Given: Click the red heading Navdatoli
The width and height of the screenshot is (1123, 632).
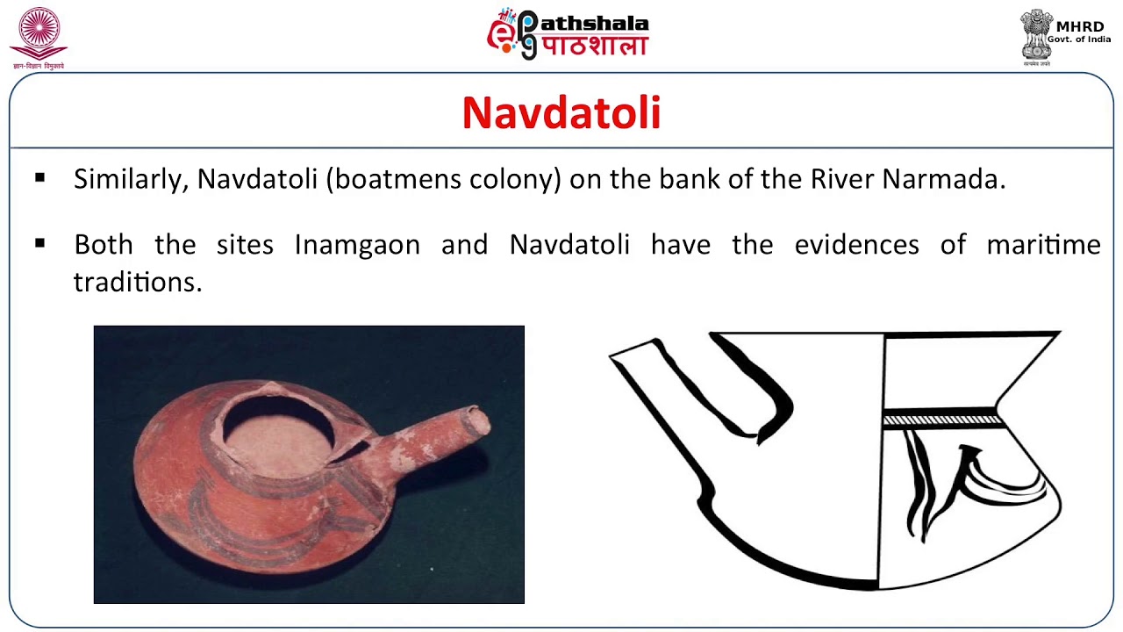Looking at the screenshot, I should click(x=561, y=113).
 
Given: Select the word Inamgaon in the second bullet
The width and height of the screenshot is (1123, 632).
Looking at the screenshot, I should click(x=357, y=245).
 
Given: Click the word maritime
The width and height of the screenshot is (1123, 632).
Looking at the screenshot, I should click(x=1043, y=245).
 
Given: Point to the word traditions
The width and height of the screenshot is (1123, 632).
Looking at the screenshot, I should click(x=137, y=282).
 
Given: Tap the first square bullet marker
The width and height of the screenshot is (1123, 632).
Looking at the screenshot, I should click(x=40, y=178).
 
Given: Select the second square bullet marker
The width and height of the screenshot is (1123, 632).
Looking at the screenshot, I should click(x=40, y=243).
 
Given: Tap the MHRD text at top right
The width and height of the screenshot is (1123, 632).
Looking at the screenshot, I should click(x=1079, y=27).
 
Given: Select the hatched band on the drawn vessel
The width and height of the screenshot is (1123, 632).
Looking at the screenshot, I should click(x=943, y=420).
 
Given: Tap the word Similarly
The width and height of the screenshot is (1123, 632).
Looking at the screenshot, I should click(x=132, y=179).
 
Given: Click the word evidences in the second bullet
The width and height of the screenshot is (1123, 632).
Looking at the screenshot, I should click(x=856, y=245).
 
